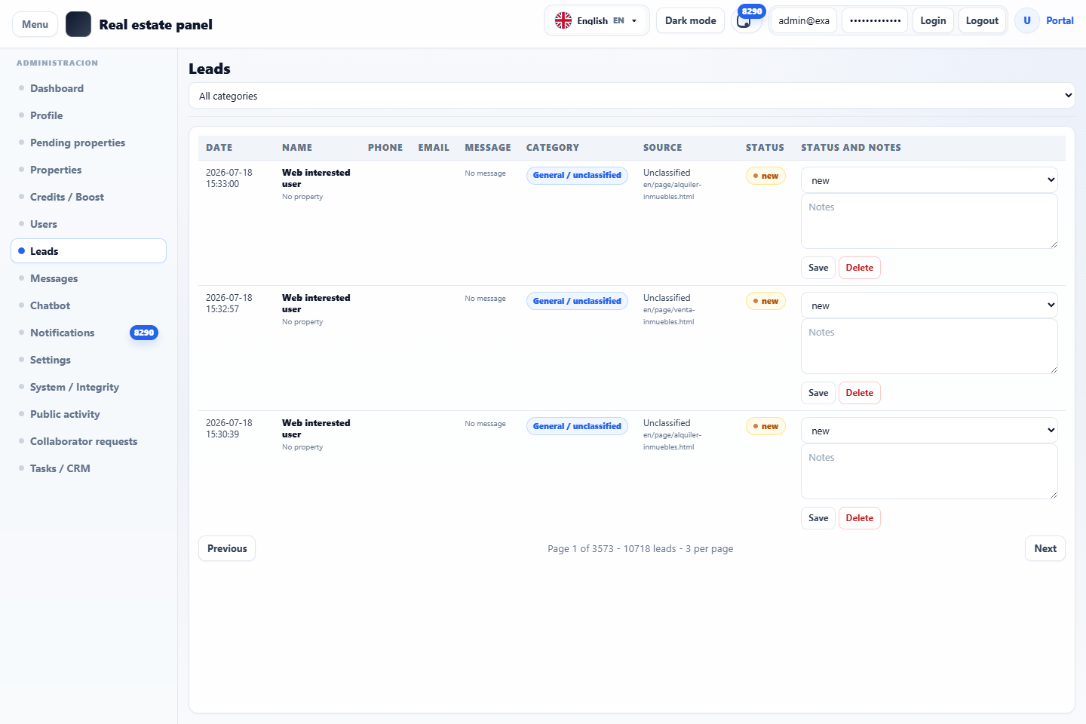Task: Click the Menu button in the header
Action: coord(35,24)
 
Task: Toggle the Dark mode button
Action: coord(690,21)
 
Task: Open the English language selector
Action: coord(597,21)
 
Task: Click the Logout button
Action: coord(982,21)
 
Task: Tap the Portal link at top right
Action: coord(1060,21)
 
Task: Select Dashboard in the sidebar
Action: coord(57,88)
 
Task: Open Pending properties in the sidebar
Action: coord(78,143)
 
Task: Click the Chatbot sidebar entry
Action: coord(50,305)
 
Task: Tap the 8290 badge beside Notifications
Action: coord(143,333)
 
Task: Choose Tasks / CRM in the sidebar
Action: coord(60,468)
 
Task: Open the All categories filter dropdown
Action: coord(631,96)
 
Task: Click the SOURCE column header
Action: coord(662,147)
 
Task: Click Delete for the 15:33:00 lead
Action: coord(859,268)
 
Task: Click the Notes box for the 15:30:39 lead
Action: coord(929,471)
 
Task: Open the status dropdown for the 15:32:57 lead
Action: coord(929,305)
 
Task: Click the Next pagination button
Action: coord(1045,548)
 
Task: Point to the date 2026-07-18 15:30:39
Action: coord(229,428)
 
